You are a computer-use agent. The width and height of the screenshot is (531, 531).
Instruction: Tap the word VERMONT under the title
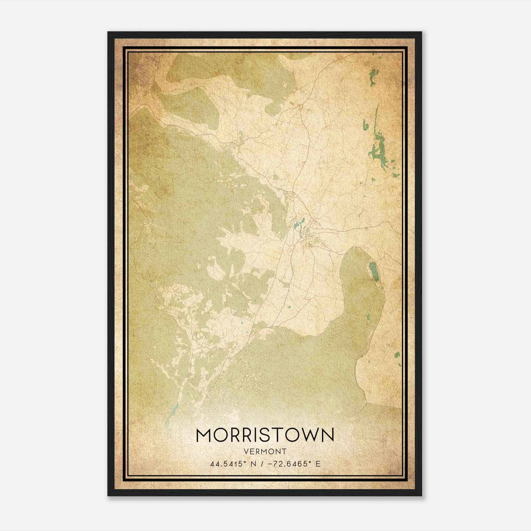pyautogui.click(x=265, y=452)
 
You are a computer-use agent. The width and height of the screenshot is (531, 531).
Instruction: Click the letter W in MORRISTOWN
pyautogui.click(x=310, y=435)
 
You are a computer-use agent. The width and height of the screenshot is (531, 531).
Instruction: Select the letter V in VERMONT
pyautogui.click(x=246, y=452)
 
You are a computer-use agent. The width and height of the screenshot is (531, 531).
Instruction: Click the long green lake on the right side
pyautogui.click(x=379, y=143)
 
